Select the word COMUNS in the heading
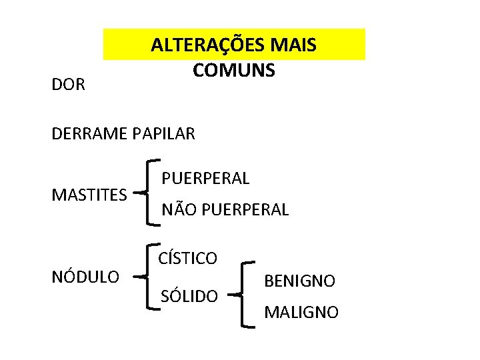[x=233, y=69]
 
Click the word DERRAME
[x=90, y=134]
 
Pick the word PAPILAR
[x=164, y=134]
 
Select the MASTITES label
[x=89, y=195]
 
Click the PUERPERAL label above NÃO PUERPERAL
[x=205, y=179]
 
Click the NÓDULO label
[x=85, y=276]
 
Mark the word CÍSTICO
[x=187, y=258]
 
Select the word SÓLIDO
[x=189, y=295]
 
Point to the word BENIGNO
[x=300, y=281]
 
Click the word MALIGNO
[x=301, y=312]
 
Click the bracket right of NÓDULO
[x=148, y=276]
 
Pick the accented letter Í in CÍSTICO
[x=171, y=257]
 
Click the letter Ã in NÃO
[x=179, y=209]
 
